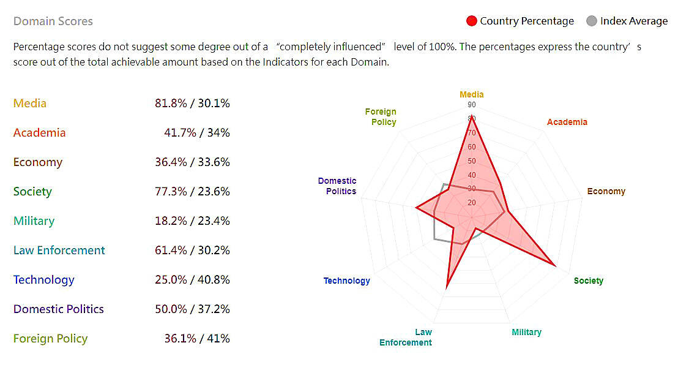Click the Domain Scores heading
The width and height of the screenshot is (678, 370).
(x=53, y=21)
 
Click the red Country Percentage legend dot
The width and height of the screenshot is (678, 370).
(x=471, y=21)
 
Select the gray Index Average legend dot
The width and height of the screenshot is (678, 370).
(x=591, y=21)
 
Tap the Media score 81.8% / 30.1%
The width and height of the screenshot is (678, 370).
(x=192, y=104)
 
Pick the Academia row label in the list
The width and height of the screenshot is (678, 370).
(x=39, y=133)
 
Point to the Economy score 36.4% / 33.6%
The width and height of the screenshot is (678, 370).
(x=192, y=162)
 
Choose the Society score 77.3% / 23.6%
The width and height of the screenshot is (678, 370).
(x=192, y=192)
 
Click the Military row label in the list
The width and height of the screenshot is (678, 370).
(x=34, y=221)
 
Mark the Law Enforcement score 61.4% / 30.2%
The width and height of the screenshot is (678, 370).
(x=192, y=251)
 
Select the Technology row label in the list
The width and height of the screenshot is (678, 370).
(x=44, y=280)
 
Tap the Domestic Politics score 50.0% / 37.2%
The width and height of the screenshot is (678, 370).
(x=192, y=309)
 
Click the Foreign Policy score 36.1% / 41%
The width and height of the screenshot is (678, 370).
(x=192, y=339)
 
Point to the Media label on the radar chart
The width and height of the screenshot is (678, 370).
(x=472, y=94)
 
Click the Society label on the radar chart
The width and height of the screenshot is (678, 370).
(x=589, y=281)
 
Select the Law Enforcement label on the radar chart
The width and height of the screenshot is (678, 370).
(x=406, y=337)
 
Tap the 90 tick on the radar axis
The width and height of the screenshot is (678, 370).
(x=472, y=105)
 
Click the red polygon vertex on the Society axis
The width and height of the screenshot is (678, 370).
(x=555, y=266)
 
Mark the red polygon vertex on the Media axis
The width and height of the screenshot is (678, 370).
(x=472, y=118)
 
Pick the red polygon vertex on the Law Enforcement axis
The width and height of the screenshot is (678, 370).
(x=447, y=287)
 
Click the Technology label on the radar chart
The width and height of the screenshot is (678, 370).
(x=347, y=281)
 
